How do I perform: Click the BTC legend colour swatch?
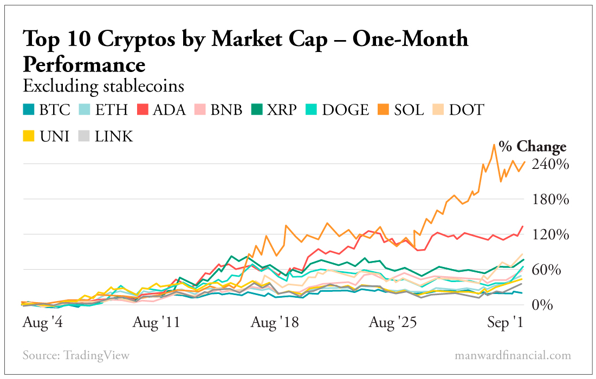click(29, 110)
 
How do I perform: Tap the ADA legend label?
click(169, 110)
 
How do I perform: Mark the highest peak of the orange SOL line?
click(494, 145)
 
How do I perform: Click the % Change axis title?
click(533, 147)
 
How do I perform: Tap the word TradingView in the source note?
click(96, 356)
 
